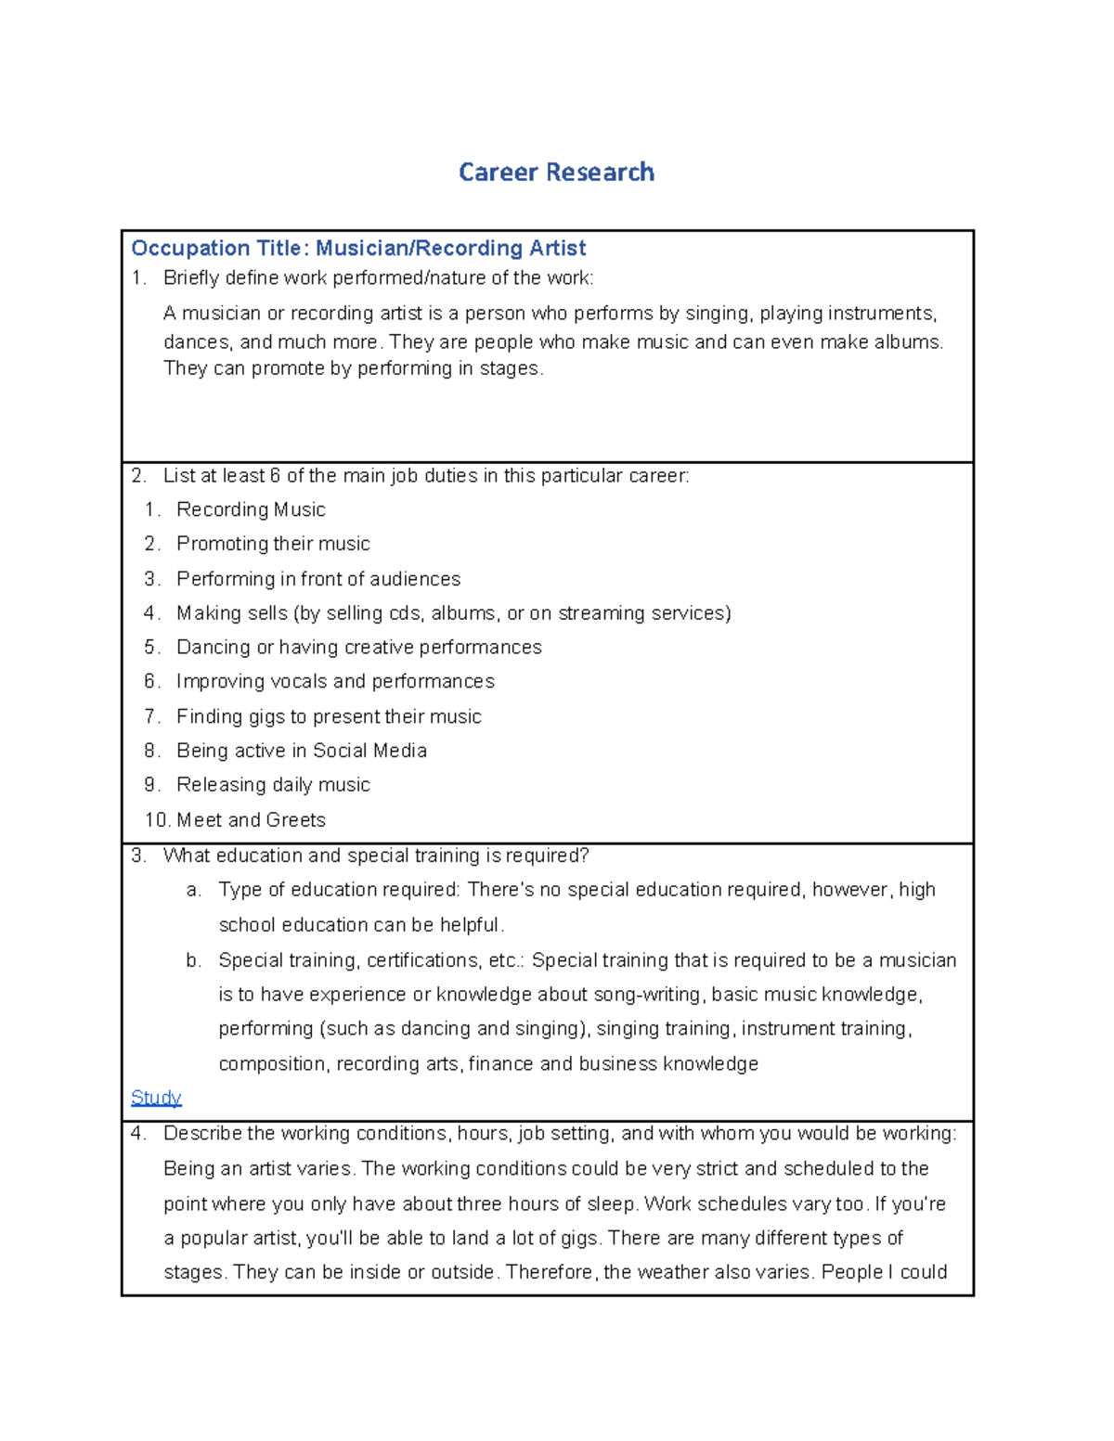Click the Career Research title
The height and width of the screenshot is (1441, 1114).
[x=556, y=173]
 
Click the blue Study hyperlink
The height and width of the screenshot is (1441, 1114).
[x=156, y=1098]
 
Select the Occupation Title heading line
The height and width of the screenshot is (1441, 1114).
[x=358, y=249]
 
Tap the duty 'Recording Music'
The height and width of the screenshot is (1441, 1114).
[x=251, y=509]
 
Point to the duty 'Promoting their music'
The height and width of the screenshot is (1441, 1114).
[x=273, y=544]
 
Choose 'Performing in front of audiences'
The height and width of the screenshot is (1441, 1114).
[x=318, y=579]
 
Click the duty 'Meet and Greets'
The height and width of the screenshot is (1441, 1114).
[x=251, y=820]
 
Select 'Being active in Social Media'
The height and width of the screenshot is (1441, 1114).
[x=302, y=751]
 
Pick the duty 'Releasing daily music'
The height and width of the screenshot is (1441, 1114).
[x=273, y=785]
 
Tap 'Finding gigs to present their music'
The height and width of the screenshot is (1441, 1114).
[x=329, y=716]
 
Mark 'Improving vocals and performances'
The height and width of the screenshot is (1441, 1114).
[x=335, y=681]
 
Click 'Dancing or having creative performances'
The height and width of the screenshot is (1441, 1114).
[x=359, y=647]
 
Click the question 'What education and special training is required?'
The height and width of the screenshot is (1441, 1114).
[x=376, y=856]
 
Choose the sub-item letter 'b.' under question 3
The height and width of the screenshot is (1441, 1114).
[x=193, y=960]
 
